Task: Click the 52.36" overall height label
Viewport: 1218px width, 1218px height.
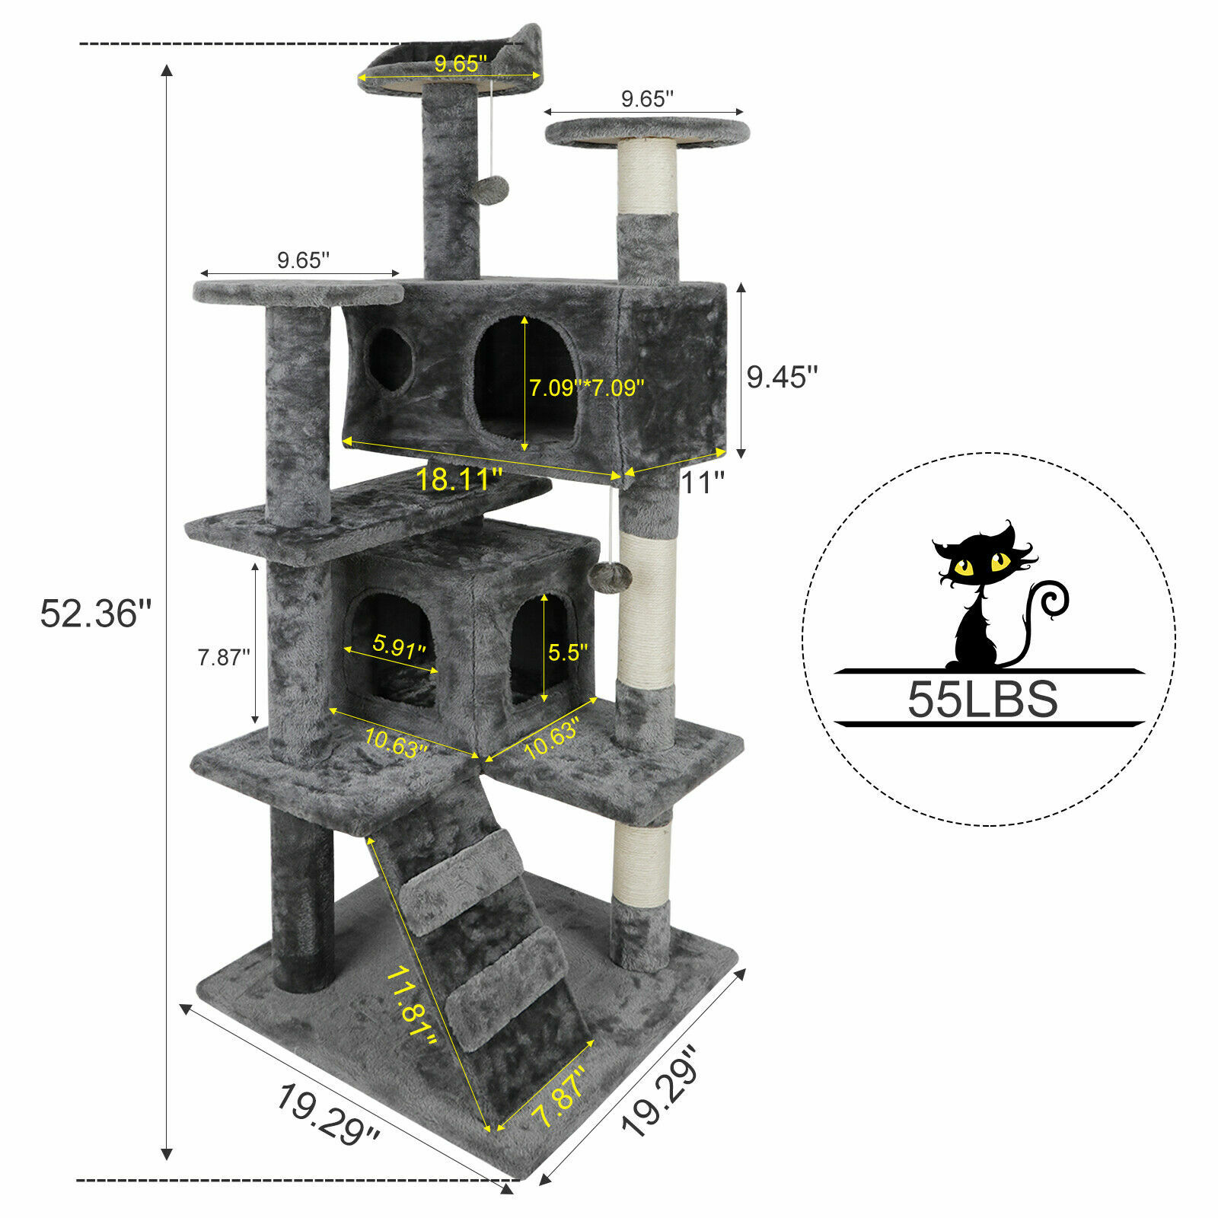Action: point(96,614)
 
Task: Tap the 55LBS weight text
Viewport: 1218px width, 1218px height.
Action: point(982,699)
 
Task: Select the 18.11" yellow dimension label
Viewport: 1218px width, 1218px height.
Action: point(458,480)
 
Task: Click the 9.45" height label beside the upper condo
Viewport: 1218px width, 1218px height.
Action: point(781,377)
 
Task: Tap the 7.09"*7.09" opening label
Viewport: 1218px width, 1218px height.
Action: point(587,387)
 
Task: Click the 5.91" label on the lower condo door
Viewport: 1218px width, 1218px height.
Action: point(399,648)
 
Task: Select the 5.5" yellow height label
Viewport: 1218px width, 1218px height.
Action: point(568,652)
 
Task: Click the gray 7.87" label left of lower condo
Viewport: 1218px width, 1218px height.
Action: point(224,657)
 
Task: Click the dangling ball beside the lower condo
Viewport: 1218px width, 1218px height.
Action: point(614,576)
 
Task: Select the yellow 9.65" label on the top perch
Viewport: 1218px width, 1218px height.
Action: point(460,64)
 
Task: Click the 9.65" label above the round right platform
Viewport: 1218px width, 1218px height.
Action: point(647,99)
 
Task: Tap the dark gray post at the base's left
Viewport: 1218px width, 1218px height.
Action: point(302,898)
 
